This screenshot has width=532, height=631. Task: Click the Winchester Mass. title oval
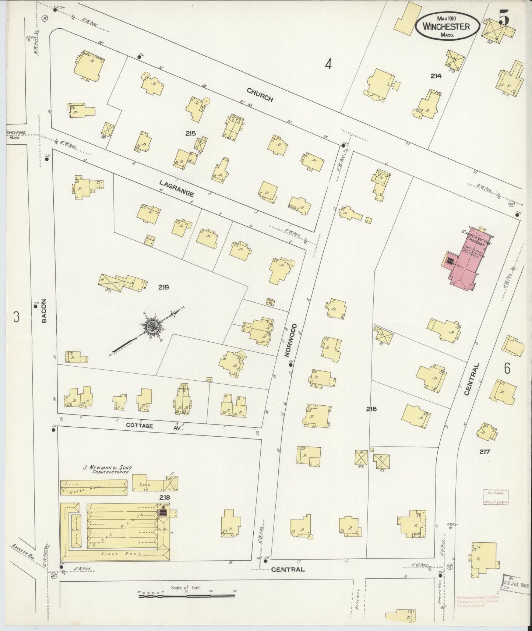point(447,26)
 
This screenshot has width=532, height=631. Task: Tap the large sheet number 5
point(504,18)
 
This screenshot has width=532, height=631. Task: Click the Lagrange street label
point(176,188)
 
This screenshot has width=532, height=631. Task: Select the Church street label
point(260,95)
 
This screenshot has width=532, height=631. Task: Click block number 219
point(163,287)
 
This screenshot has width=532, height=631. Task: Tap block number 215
point(191,133)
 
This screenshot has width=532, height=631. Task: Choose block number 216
point(371,409)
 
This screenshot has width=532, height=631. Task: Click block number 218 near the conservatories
point(164,497)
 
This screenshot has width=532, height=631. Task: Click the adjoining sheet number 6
point(507,369)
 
